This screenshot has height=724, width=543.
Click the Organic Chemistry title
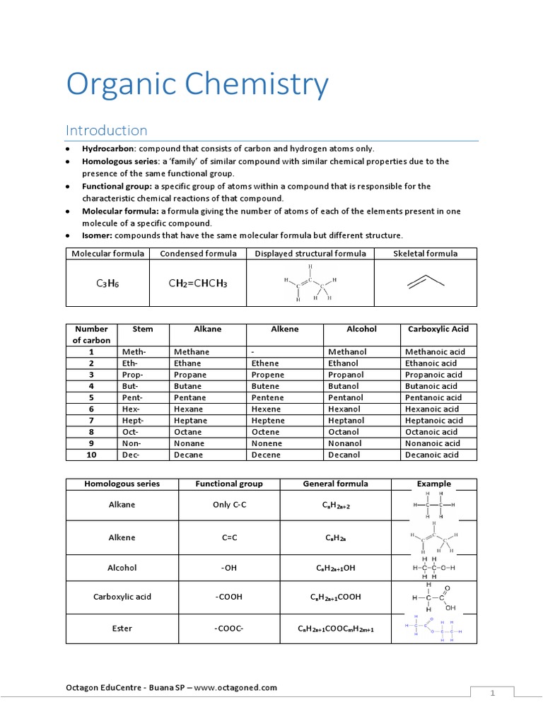point(197,86)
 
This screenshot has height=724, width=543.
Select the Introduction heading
point(106,130)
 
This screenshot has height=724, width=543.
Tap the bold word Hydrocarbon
point(108,148)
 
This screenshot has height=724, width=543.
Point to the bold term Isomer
point(97,235)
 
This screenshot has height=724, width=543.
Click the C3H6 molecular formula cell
point(107,284)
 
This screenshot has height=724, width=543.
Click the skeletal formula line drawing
point(426,281)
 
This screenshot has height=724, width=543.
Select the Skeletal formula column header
point(426,254)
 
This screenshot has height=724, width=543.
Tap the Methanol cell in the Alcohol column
point(347,351)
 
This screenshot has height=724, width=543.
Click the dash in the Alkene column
point(253,351)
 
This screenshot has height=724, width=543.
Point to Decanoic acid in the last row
point(431,455)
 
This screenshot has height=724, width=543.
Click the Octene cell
point(267,431)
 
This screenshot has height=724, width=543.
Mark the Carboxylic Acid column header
point(438,329)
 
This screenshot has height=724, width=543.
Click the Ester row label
point(122,628)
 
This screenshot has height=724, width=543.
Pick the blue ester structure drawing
point(433,628)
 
